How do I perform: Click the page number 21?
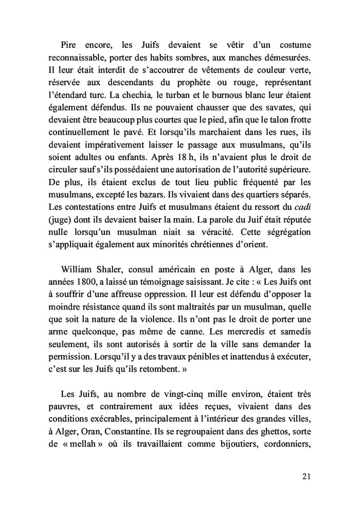pyautogui.click(x=306, y=477)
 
